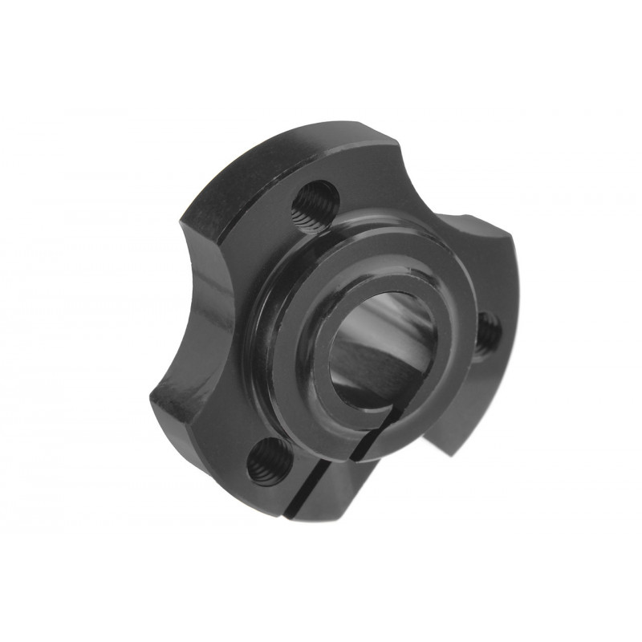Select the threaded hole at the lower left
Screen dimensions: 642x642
coord(266,461)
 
